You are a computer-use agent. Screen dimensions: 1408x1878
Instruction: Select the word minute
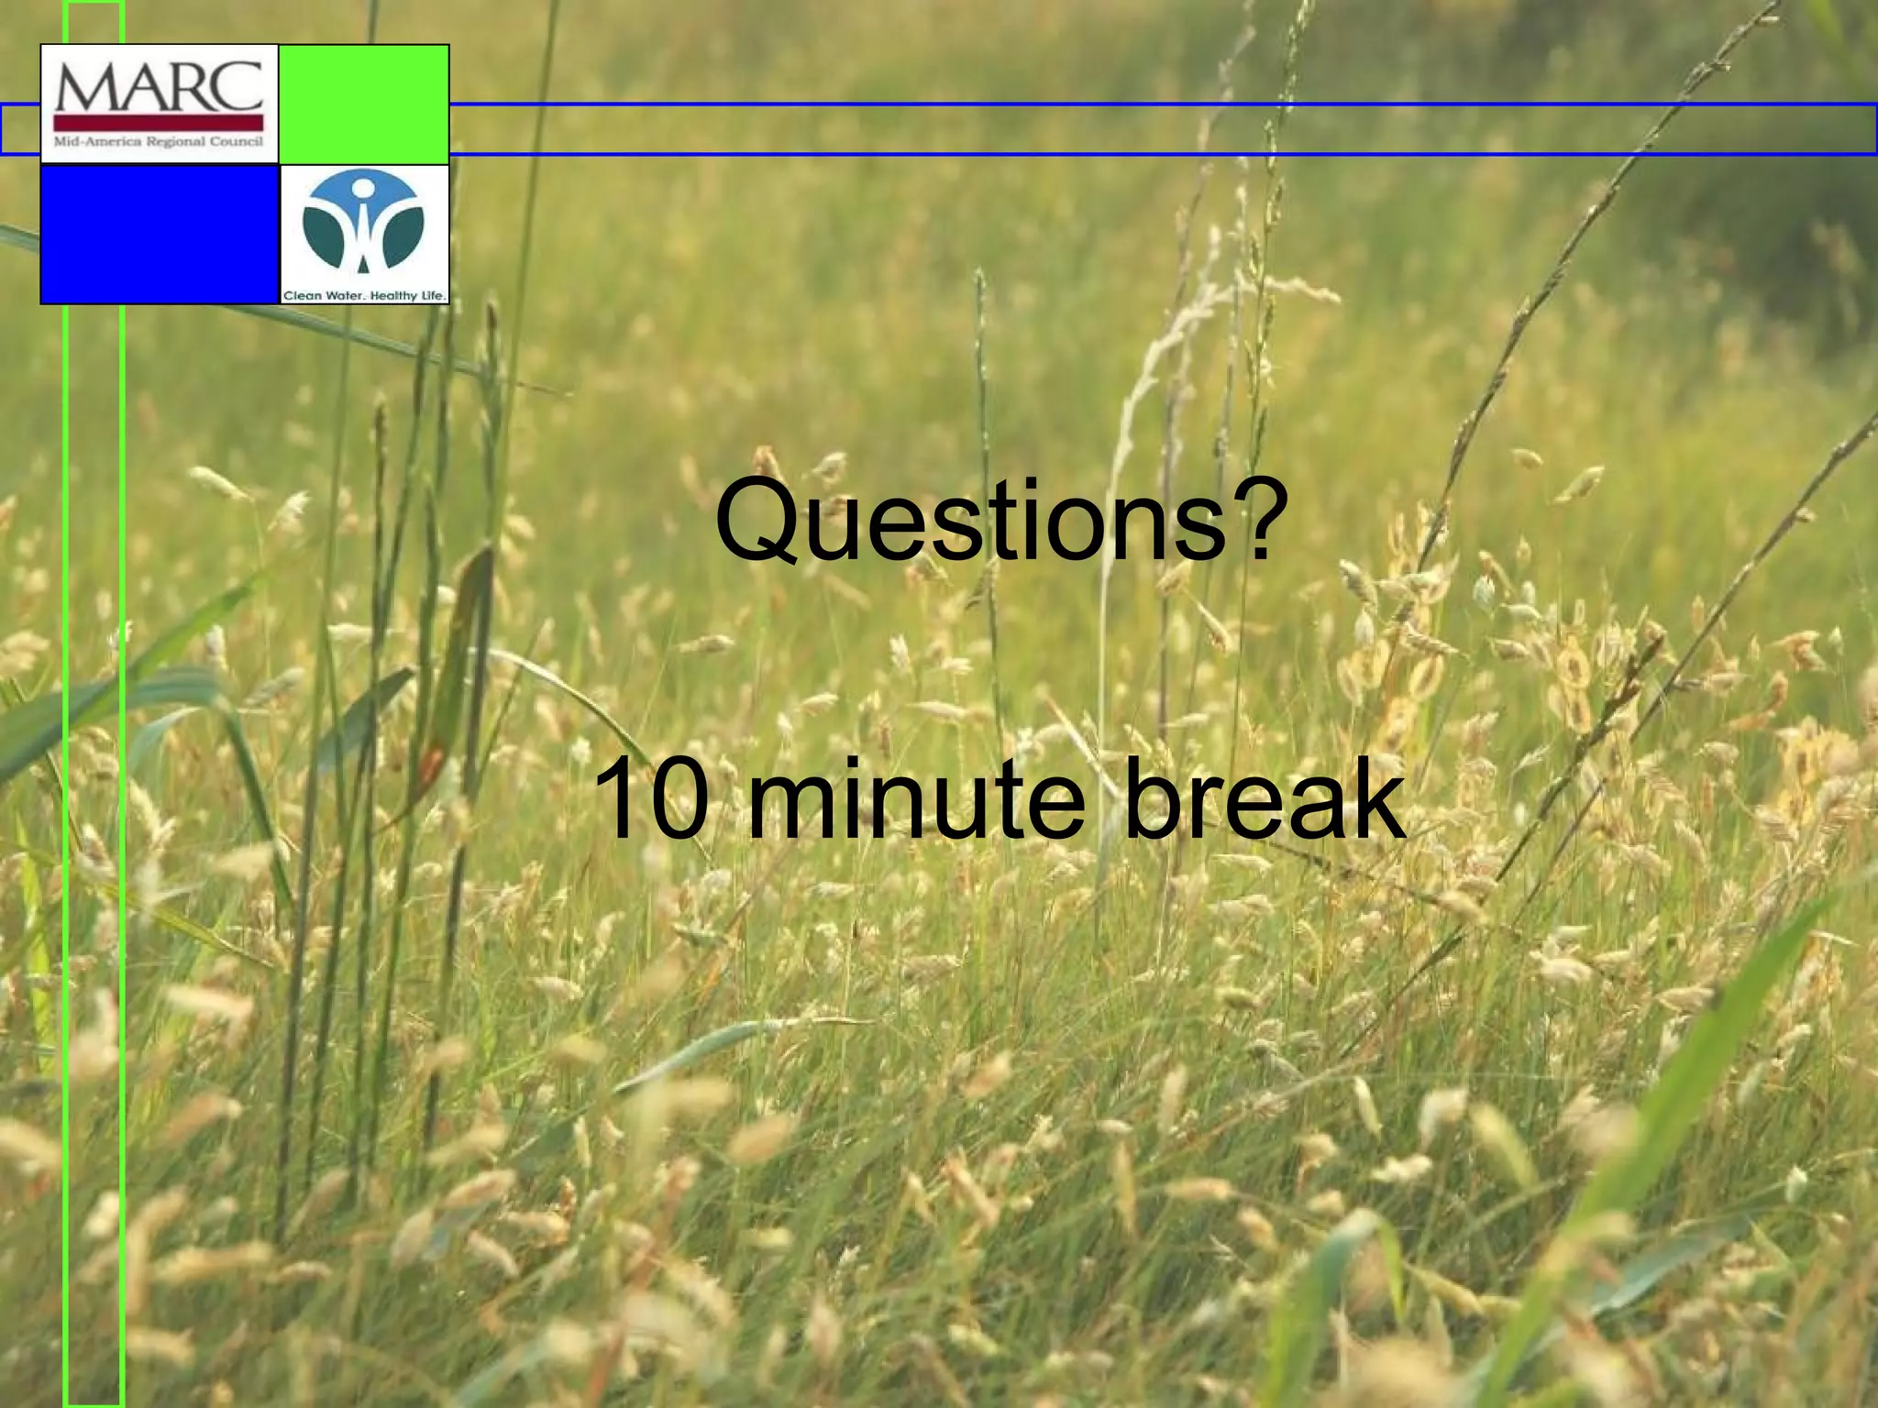916,799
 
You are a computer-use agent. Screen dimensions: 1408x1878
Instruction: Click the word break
1265,799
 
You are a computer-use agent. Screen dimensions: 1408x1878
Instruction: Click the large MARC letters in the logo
159,87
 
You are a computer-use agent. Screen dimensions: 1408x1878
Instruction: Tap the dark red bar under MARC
159,122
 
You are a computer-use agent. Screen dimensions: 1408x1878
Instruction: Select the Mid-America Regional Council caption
159,142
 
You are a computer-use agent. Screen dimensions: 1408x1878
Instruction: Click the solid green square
363,104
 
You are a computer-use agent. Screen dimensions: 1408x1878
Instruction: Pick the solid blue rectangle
159,234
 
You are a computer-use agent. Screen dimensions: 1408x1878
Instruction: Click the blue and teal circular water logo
363,225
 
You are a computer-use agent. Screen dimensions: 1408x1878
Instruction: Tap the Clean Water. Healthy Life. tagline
364,295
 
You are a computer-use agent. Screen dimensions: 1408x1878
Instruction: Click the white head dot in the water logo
363,189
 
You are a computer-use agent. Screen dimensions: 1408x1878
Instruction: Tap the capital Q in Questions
756,521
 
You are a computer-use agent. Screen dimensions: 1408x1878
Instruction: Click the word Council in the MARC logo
237,142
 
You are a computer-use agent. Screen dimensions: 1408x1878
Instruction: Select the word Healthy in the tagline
392,295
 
